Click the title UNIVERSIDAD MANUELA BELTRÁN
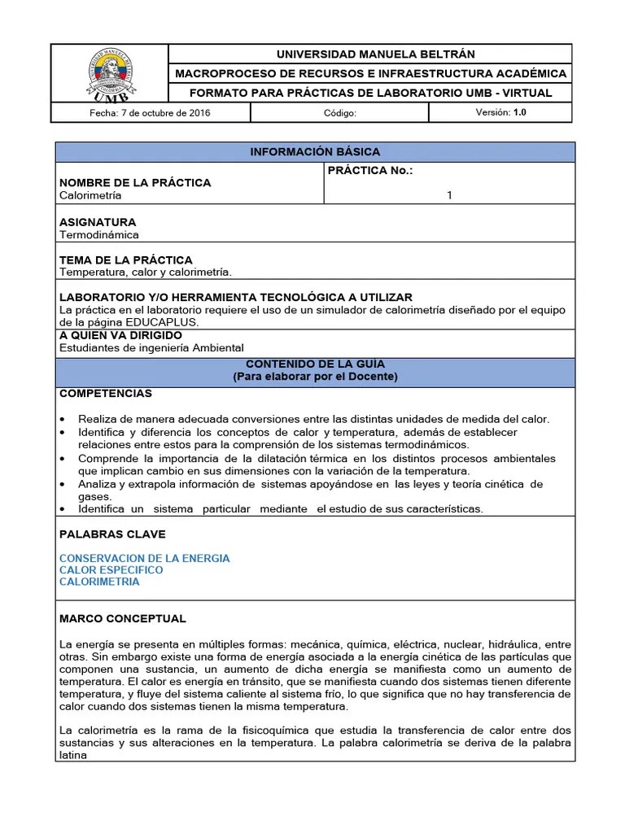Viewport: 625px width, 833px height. (370, 55)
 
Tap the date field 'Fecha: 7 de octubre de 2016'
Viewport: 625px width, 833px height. (150, 113)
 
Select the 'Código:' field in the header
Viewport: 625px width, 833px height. (339, 113)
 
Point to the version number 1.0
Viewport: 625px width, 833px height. (519, 113)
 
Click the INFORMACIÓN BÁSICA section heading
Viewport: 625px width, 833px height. (315, 152)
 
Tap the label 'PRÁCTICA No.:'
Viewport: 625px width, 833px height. (369, 170)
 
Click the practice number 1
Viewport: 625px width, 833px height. (449, 195)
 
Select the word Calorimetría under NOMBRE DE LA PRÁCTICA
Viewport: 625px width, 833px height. (90, 195)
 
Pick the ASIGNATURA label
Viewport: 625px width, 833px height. (98, 222)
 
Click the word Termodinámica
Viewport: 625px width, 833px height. (99, 234)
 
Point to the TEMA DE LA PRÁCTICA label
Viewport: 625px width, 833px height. (126, 260)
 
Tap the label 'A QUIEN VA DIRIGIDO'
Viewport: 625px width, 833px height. (120, 335)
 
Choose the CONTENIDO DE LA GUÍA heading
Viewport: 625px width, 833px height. (315, 364)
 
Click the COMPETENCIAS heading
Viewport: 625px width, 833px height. (106, 394)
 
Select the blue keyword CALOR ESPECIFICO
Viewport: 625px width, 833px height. (111, 570)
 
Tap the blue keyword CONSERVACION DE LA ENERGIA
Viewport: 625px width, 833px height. (145, 558)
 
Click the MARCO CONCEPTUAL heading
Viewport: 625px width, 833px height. (123, 619)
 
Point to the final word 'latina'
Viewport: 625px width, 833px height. (73, 754)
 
